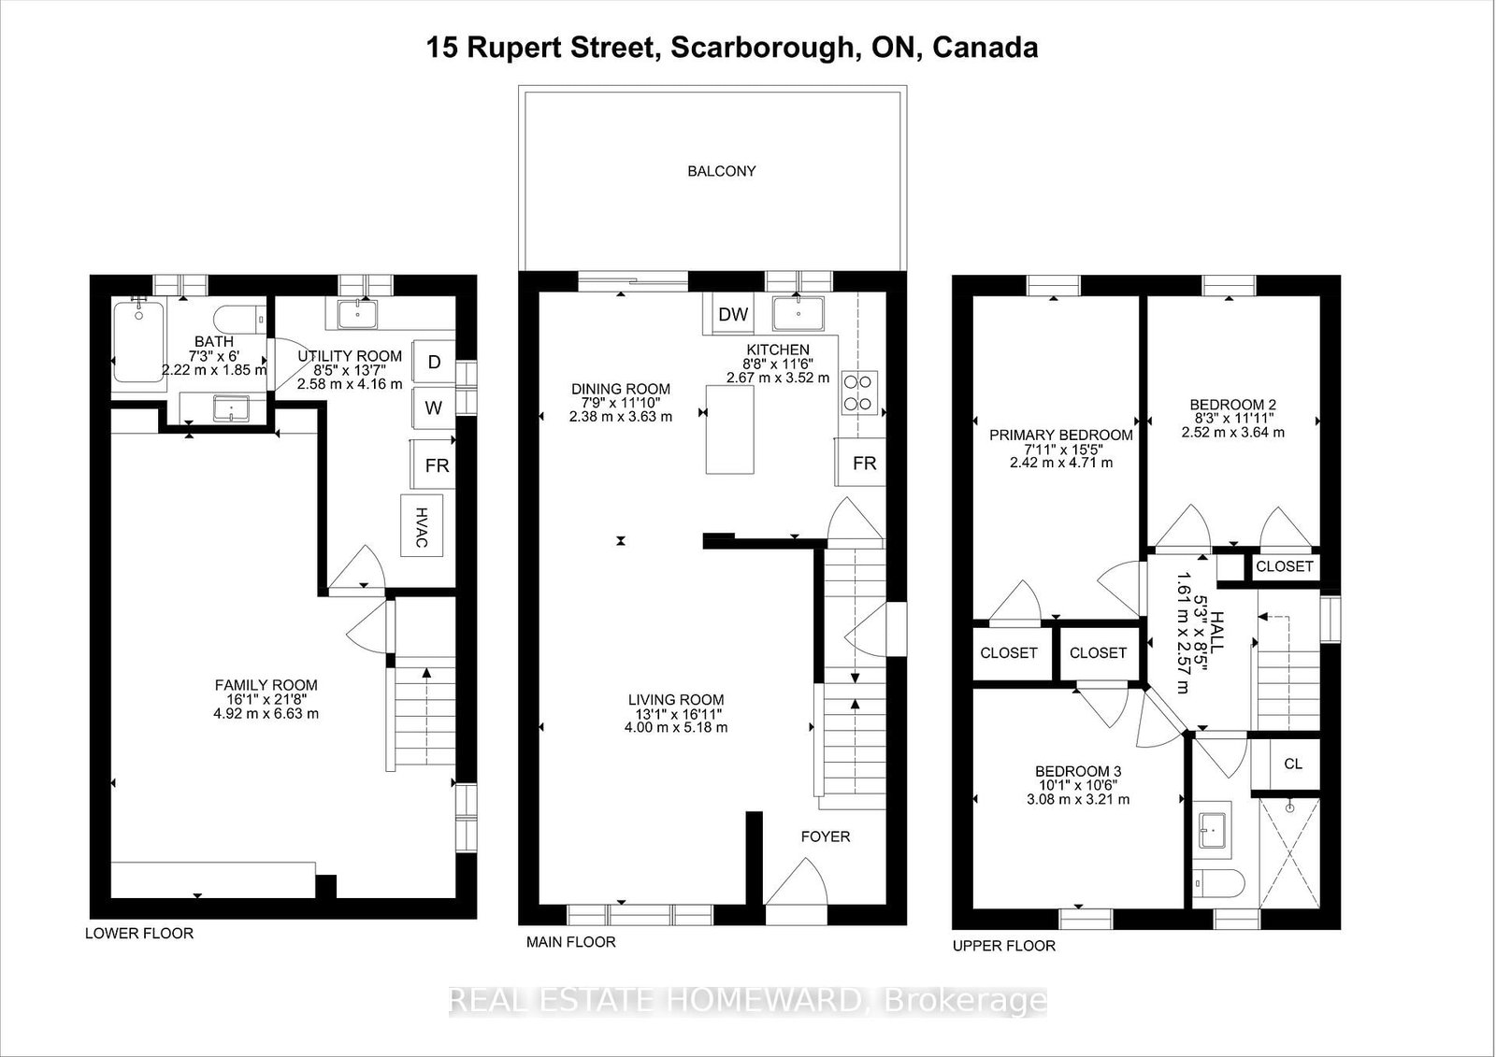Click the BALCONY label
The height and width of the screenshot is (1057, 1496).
pyautogui.click(x=721, y=171)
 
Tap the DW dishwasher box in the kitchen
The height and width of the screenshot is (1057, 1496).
pyautogui.click(x=733, y=314)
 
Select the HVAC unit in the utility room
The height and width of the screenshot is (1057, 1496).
pyautogui.click(x=422, y=525)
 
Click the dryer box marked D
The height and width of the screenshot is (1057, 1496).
pyautogui.click(x=434, y=362)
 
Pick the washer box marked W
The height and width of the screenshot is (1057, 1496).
pyautogui.click(x=434, y=408)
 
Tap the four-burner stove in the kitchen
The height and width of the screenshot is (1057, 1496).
pyautogui.click(x=858, y=393)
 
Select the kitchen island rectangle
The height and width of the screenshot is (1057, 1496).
pyautogui.click(x=730, y=429)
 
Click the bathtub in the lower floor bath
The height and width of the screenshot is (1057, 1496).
pyautogui.click(x=139, y=342)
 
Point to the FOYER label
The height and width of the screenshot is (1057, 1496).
pyautogui.click(x=826, y=836)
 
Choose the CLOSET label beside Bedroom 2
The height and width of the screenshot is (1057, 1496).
pyautogui.click(x=1285, y=566)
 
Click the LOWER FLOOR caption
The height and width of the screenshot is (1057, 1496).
pyautogui.click(x=139, y=934)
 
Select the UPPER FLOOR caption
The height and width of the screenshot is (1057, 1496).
pyautogui.click(x=1004, y=946)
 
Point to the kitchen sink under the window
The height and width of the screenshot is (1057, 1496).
pyautogui.click(x=798, y=314)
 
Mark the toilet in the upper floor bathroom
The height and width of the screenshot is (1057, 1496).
pyautogui.click(x=1218, y=884)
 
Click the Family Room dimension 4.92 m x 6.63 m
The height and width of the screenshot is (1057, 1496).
pyautogui.click(x=266, y=713)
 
